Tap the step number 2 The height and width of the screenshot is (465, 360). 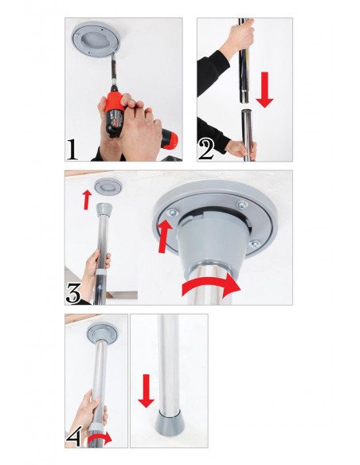point(206,149)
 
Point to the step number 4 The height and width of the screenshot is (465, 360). point(73,436)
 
